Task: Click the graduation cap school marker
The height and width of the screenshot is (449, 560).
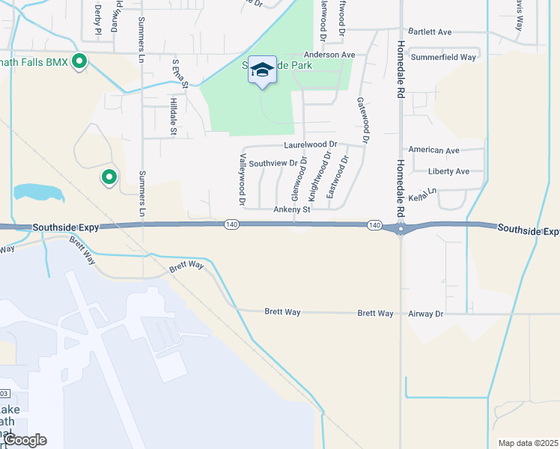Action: click(262, 70)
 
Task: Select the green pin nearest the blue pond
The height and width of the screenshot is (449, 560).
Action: click(109, 178)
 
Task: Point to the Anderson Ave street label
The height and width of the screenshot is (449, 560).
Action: click(329, 55)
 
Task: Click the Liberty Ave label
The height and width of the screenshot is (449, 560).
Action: click(448, 171)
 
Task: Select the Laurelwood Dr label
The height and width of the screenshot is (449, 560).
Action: click(311, 144)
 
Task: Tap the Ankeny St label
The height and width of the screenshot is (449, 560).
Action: click(291, 210)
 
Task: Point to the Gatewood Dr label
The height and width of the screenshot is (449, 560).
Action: click(363, 120)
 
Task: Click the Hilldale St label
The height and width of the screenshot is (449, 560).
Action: click(173, 117)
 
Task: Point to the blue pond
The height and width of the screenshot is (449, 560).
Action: click(38, 192)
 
